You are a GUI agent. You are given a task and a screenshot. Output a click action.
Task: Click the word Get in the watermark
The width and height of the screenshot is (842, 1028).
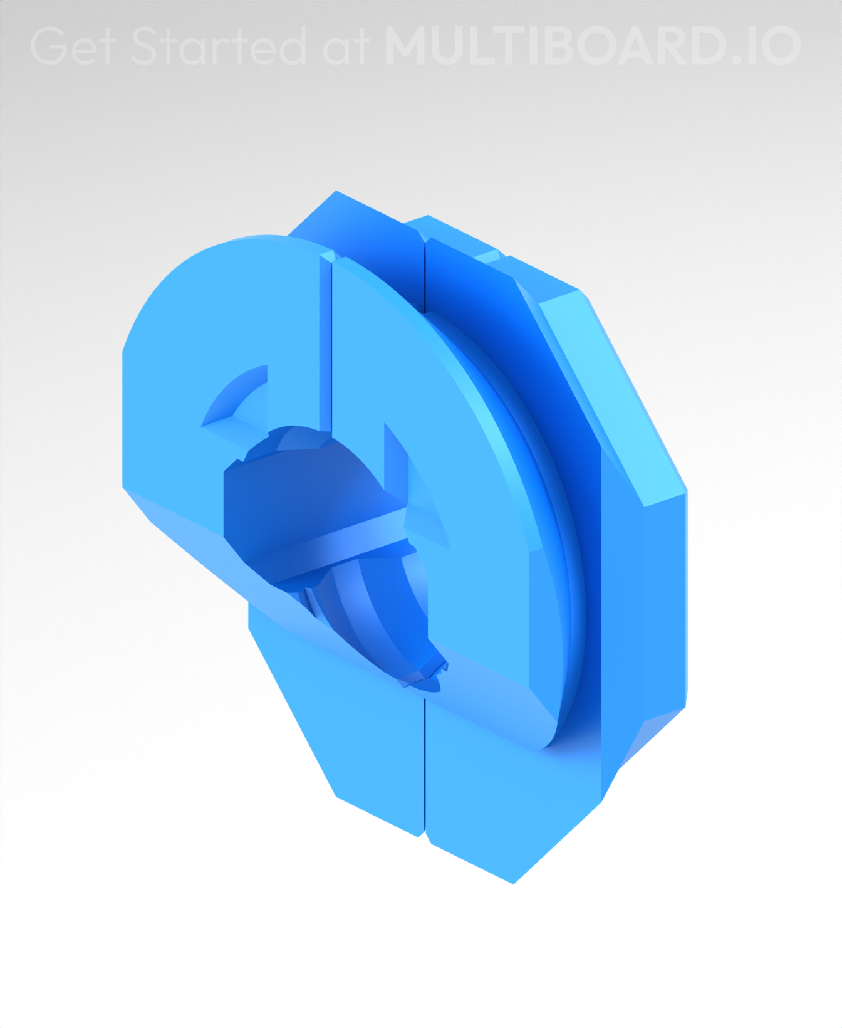(73, 46)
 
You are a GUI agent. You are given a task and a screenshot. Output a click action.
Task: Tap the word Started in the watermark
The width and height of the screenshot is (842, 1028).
(219, 46)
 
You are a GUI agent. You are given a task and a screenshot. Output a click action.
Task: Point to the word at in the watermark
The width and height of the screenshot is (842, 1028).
(346, 47)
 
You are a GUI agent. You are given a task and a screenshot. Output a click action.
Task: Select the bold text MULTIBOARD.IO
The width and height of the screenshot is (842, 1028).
(593, 46)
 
